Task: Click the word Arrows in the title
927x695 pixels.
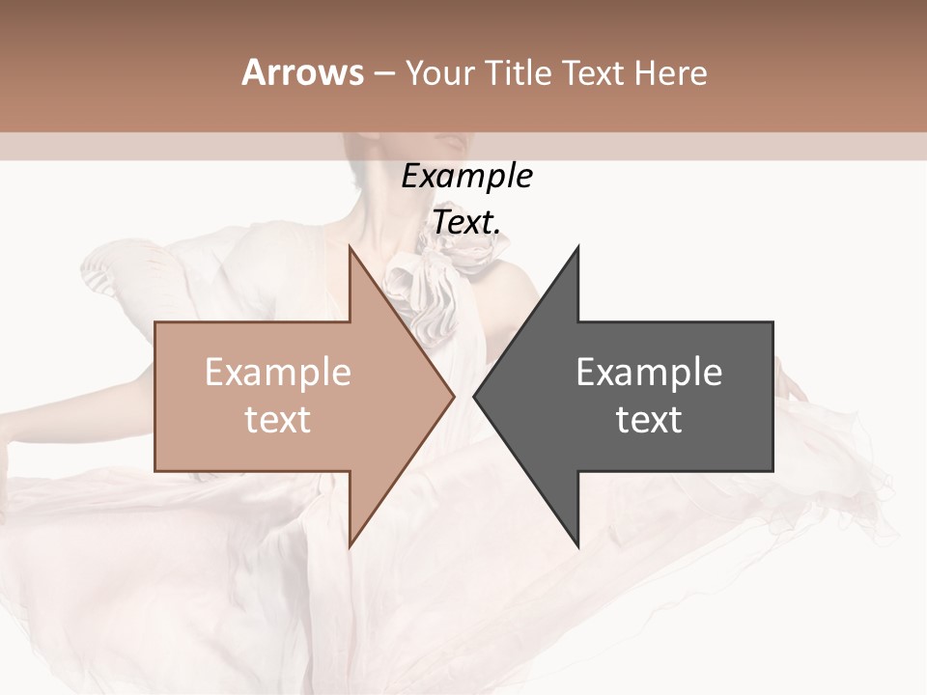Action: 302,72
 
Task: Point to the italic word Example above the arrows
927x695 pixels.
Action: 467,177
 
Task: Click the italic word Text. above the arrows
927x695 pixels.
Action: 466,222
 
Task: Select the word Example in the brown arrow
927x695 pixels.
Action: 278,373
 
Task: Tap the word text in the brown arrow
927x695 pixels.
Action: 278,420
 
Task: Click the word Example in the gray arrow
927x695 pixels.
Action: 649,373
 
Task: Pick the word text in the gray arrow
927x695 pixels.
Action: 649,420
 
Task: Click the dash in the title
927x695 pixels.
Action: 383,73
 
